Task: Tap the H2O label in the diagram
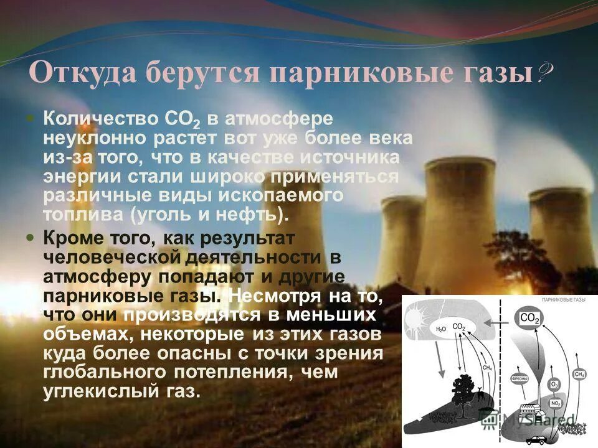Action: point(441,329)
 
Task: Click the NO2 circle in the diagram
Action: point(556,403)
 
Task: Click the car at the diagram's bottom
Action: point(535,439)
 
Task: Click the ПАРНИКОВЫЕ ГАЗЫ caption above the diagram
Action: point(564,300)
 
